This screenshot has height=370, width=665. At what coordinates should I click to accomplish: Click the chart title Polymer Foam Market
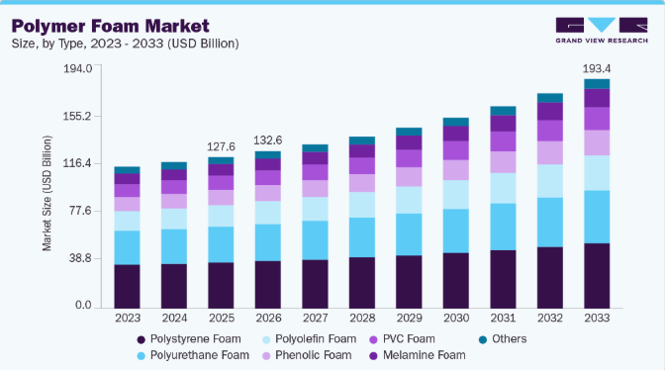coord(110,27)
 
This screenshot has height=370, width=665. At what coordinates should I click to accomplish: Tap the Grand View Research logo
coord(602,30)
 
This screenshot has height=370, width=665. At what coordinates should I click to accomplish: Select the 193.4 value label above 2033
coord(597,68)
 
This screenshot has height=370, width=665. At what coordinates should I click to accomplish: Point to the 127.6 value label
coord(221,146)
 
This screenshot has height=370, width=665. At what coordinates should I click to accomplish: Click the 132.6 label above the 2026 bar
coord(267,140)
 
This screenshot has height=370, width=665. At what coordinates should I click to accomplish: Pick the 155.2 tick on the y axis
coord(77,116)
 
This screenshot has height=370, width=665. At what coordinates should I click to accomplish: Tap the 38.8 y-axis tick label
coord(81,258)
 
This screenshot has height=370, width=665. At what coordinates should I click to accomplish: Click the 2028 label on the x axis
coord(362,318)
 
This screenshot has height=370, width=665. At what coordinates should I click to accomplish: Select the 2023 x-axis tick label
coord(128,318)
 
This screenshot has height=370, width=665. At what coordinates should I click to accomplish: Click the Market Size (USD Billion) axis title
coord(47,193)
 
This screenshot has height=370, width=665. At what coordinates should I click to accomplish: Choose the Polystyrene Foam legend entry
coord(189,339)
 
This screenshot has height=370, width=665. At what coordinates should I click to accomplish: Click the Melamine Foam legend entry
coord(418,355)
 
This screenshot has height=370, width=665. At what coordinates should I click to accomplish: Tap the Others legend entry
coord(503,339)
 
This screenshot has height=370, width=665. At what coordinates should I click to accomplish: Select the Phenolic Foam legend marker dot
coord(266,356)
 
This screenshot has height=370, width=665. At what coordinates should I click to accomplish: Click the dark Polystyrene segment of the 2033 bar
coord(597,276)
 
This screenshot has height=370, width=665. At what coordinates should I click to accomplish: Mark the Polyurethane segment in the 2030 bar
coord(456,231)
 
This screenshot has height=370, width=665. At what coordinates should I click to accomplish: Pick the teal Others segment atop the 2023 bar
coord(127,170)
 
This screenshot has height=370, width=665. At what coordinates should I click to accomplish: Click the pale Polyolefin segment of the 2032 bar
coord(550,181)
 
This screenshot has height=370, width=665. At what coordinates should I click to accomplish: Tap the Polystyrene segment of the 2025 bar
coord(221,286)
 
